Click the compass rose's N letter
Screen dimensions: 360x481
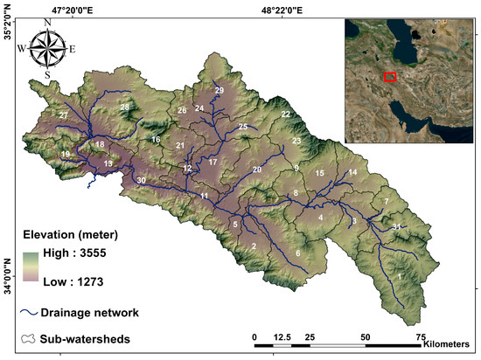pyautogui.click(x=47, y=27)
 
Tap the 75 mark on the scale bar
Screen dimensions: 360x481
pyautogui.click(x=421, y=336)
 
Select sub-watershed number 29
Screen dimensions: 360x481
pyautogui.click(x=220, y=91)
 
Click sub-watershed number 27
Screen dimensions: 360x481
pyautogui.click(x=63, y=115)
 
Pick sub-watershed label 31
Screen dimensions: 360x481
pyautogui.click(x=396, y=227)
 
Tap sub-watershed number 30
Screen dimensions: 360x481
pyautogui.click(x=141, y=180)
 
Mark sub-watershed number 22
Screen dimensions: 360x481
pyautogui.click(x=285, y=114)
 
